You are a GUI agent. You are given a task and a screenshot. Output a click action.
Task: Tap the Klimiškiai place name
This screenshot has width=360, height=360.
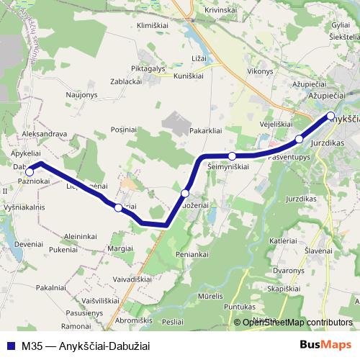click(x=152, y=24)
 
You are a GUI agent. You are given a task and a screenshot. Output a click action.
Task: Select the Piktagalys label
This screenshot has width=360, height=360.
click(x=148, y=68)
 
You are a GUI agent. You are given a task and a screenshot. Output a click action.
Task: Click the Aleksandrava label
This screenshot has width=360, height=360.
click(x=45, y=134)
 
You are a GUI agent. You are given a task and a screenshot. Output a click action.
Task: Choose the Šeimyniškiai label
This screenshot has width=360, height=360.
click(x=228, y=166)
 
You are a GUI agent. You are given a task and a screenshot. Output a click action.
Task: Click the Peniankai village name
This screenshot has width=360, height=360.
click(x=192, y=255)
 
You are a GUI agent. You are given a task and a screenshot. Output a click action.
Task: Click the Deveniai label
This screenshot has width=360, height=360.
click(x=27, y=245)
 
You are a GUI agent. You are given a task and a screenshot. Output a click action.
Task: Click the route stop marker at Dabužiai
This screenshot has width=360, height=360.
click(x=30, y=171)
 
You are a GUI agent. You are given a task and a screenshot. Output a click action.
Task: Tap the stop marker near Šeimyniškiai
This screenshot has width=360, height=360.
click(x=232, y=156)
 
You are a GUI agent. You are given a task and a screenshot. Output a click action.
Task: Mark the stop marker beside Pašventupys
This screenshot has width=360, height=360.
click(x=300, y=138)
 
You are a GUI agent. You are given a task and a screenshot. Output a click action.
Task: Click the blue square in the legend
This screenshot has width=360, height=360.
click(x=12, y=346)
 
